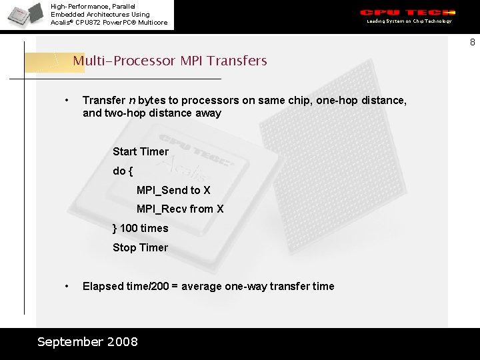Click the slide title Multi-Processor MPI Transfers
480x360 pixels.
point(169,61)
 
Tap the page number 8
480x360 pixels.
point(472,43)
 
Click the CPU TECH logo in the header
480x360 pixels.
point(408,13)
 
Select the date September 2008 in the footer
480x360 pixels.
point(87,342)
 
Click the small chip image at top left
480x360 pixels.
point(24,15)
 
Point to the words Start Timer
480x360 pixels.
point(141,151)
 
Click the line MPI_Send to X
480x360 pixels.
point(173,190)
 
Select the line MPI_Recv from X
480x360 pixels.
point(180,209)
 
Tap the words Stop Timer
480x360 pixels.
point(140,247)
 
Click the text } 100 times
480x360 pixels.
point(140,228)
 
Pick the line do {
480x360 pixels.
point(123,171)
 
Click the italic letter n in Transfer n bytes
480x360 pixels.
point(132,100)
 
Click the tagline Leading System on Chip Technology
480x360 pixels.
point(409,21)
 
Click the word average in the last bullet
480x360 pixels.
point(201,286)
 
